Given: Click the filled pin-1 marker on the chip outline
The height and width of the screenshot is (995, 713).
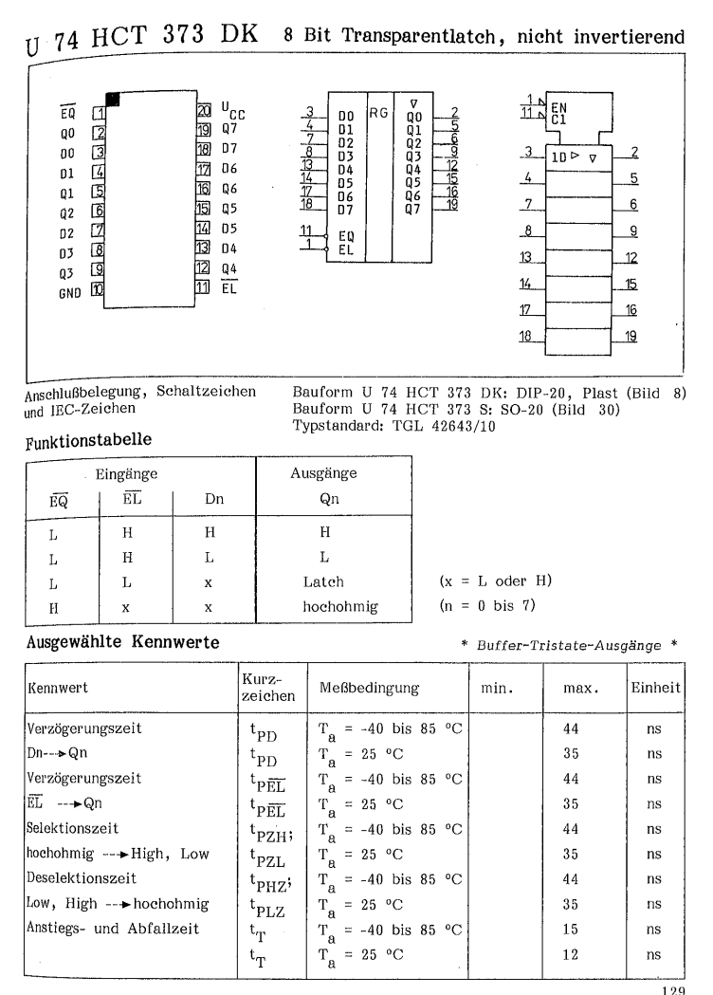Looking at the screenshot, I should [x=113, y=99].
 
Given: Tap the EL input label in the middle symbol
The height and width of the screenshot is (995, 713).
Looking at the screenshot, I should [x=345, y=244].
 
